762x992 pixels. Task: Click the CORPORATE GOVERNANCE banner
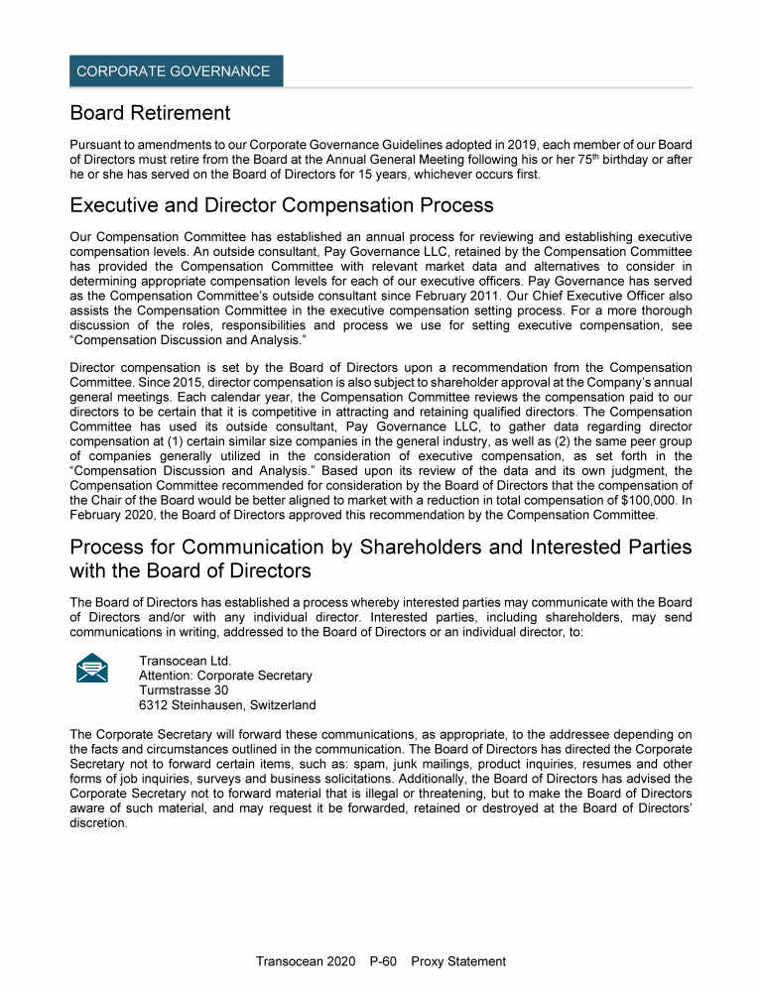(x=177, y=71)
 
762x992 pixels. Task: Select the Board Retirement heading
(x=150, y=113)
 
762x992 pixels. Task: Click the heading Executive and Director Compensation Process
(x=282, y=205)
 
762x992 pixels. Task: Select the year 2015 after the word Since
(x=179, y=382)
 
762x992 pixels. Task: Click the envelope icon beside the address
(x=92, y=669)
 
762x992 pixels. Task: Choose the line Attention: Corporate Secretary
(x=225, y=676)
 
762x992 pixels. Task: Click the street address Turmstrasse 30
(x=184, y=690)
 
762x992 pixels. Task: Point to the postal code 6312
(x=155, y=705)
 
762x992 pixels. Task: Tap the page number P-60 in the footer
(x=384, y=961)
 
